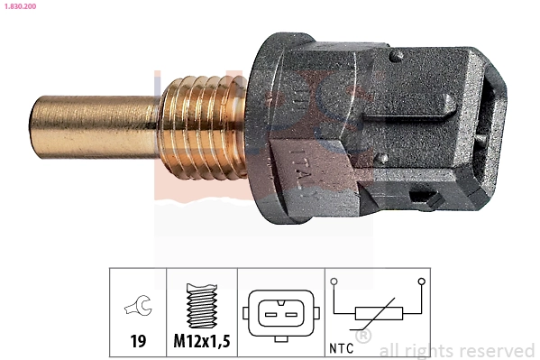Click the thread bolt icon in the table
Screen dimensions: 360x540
(202, 305)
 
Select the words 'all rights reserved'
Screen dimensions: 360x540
(456, 350)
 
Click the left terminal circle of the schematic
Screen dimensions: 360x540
(334, 282)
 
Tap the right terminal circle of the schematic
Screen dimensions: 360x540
(420, 282)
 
